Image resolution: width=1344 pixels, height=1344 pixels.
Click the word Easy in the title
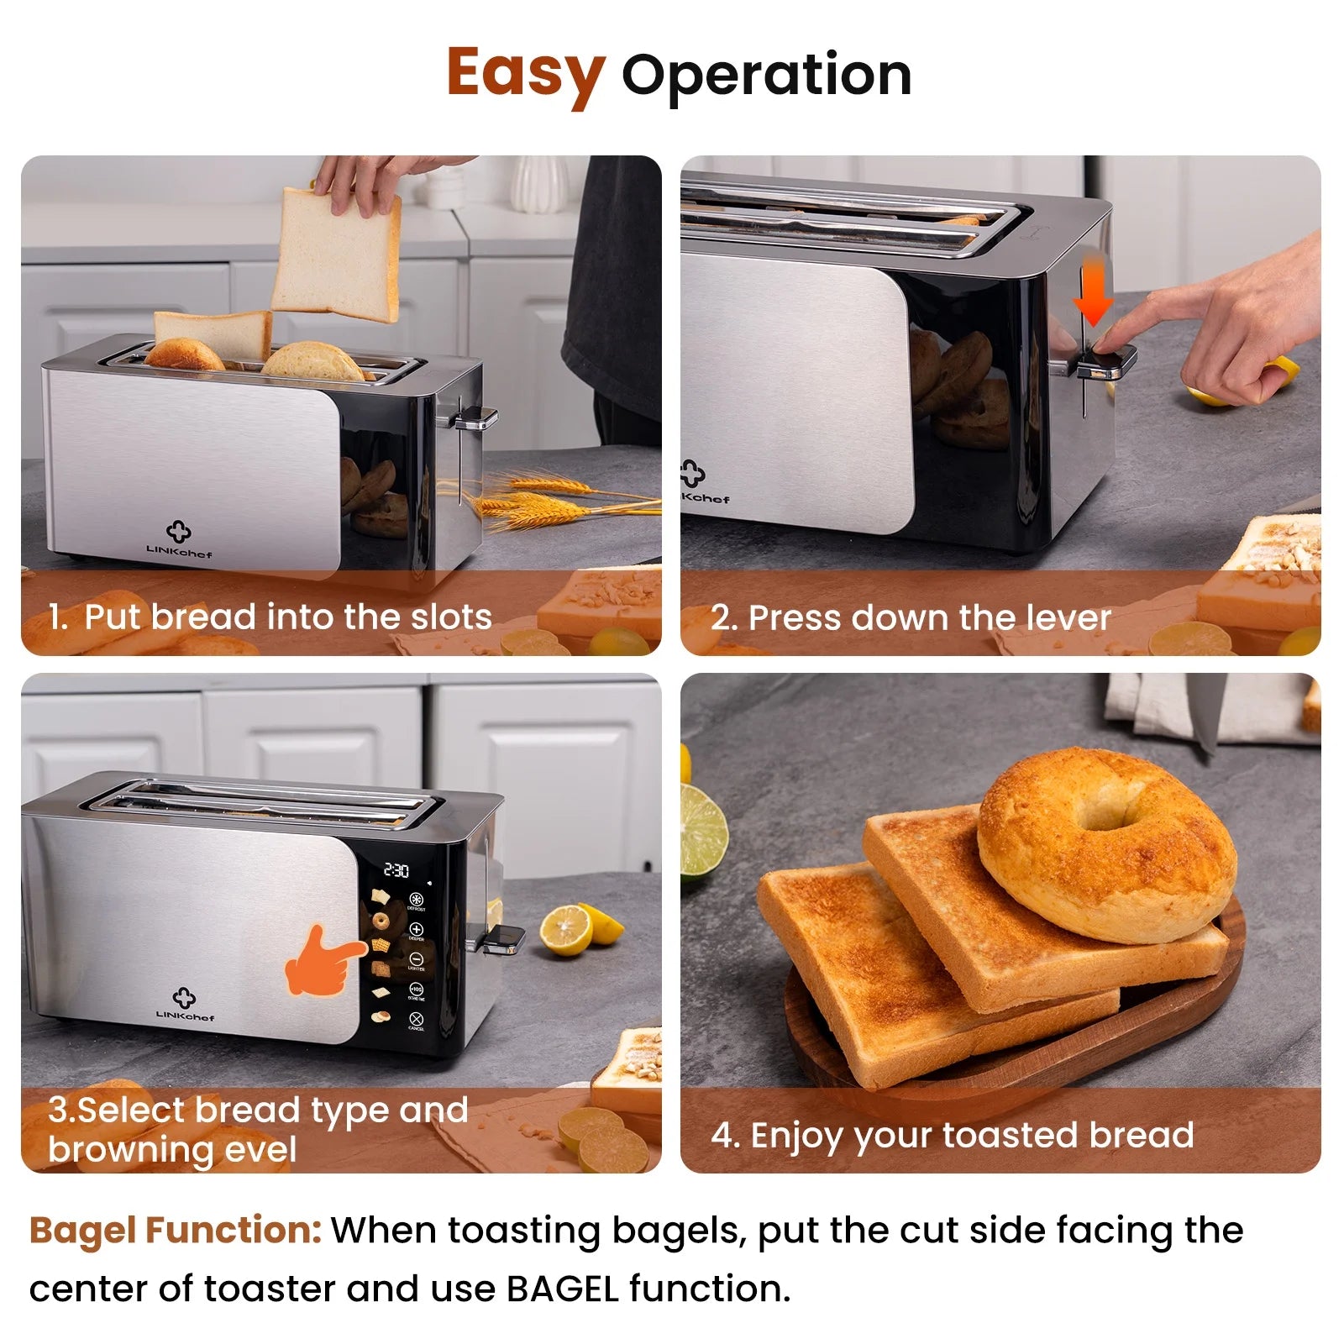(x=525, y=74)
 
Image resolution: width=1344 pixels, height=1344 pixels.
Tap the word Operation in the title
(x=766, y=76)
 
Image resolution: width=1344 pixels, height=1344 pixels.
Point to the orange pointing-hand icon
(x=323, y=963)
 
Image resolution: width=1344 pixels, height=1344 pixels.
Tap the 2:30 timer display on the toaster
(x=396, y=870)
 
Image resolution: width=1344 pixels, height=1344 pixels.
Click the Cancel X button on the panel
(x=416, y=1018)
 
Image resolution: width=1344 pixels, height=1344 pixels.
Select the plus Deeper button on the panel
(x=416, y=930)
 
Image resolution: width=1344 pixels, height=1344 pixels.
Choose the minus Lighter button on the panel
(x=416, y=959)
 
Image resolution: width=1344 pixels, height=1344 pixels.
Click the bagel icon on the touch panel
(x=381, y=921)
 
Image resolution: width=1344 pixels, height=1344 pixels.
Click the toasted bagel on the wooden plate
(x=1107, y=844)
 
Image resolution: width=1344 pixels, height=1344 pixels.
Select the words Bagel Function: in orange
(x=175, y=1231)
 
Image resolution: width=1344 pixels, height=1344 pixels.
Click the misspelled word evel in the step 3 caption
(x=256, y=1150)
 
